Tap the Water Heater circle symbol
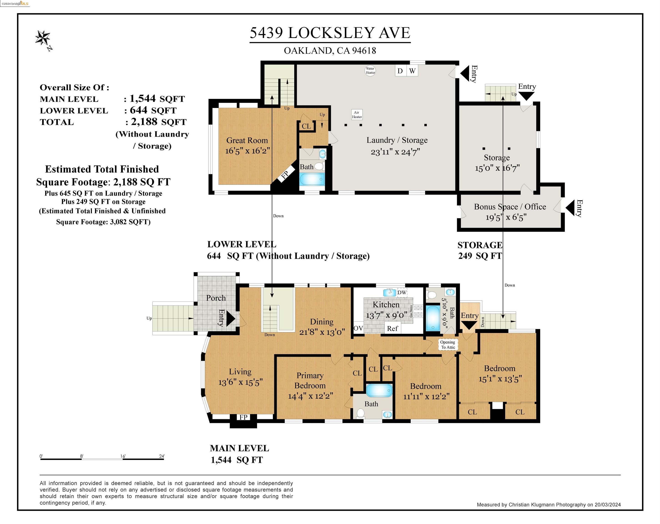tap(370, 71)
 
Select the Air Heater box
tap(357, 114)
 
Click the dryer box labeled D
tap(400, 71)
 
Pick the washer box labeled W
tap(412, 71)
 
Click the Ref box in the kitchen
tap(393, 328)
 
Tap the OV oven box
tap(358, 328)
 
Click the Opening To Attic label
tap(448, 345)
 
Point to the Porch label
tap(216, 298)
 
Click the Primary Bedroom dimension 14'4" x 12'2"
tap(310, 396)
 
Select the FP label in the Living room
tap(243, 417)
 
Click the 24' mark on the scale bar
tap(162, 456)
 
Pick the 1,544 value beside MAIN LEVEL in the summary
tap(143, 98)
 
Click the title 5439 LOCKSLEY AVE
tap(330, 33)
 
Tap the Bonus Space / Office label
tap(510, 207)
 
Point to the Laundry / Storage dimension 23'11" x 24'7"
tap(395, 152)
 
